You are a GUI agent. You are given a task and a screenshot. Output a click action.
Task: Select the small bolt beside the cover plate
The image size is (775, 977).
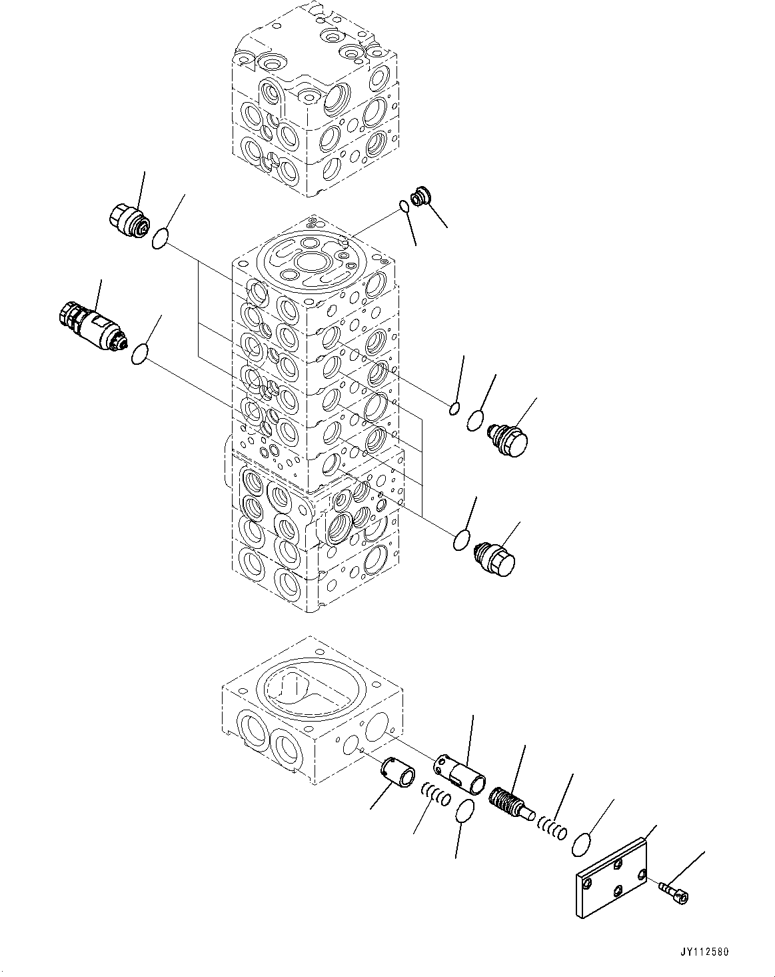672,889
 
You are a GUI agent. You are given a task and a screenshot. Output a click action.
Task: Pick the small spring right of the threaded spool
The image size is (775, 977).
552,829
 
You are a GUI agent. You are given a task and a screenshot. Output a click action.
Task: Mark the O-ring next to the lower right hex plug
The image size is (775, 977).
460,540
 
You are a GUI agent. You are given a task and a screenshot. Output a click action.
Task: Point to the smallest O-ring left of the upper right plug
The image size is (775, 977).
454,409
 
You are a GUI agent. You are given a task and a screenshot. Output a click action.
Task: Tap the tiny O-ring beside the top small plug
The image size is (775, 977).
405,206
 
